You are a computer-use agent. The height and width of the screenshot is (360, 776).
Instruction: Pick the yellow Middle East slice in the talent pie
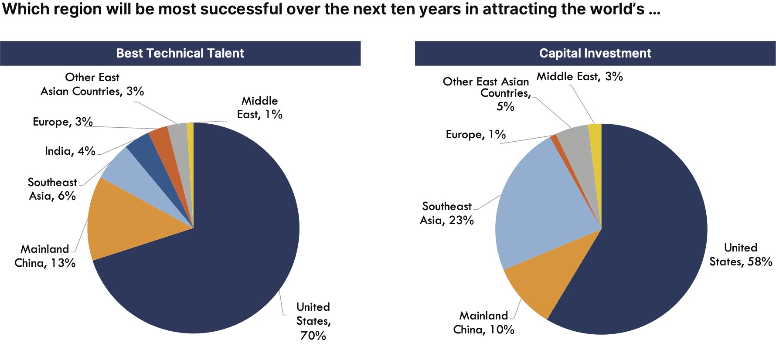[x=191, y=129]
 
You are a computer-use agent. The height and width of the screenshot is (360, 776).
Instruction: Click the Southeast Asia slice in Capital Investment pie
[x=536, y=205]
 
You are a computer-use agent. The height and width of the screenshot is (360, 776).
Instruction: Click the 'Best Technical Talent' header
[x=180, y=53]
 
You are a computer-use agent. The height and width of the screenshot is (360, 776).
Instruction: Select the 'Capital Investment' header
[x=595, y=53]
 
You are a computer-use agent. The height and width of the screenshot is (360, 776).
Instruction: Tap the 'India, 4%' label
[x=70, y=151]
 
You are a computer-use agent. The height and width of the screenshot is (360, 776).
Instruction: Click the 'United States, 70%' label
[x=313, y=321]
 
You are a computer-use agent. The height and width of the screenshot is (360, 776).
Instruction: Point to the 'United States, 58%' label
[x=741, y=255]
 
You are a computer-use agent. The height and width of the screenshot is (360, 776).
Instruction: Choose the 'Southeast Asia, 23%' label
[x=447, y=213]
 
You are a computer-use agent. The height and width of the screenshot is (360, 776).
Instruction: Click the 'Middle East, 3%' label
[x=579, y=77]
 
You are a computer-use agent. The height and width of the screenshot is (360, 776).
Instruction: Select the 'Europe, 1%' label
[x=476, y=135]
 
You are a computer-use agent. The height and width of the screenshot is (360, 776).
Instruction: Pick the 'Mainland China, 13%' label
[x=45, y=256]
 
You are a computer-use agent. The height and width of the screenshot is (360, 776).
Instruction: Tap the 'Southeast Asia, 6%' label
[x=52, y=189]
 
